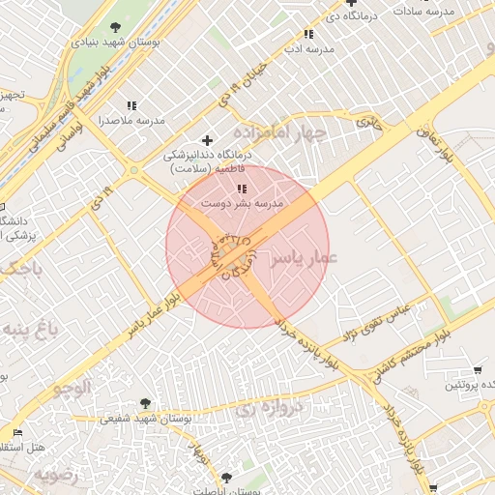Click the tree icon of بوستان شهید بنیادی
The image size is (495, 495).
coord(116,27)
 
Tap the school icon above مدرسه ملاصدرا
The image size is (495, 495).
coord(131,105)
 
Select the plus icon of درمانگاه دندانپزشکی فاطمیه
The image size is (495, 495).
coord(206,140)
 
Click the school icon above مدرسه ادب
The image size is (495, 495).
coord(307,34)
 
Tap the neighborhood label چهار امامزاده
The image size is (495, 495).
coord(280,131)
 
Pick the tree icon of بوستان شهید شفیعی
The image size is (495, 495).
coord(145,402)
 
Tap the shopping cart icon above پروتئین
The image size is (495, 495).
coord(477,370)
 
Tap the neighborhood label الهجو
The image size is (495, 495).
coord(73,388)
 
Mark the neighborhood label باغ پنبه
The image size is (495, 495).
coord(29,330)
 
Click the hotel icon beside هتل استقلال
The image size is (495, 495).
coord(16,432)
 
